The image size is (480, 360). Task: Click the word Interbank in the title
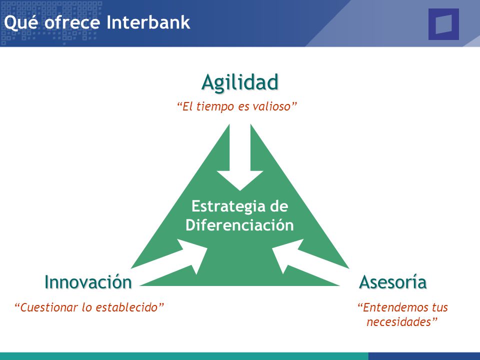[148, 22]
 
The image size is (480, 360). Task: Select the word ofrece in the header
[72, 22]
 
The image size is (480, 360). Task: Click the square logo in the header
[443, 24]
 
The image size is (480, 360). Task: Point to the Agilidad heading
[240, 82]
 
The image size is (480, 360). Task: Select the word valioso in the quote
[272, 106]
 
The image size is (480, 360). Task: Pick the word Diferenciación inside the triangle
[239, 225]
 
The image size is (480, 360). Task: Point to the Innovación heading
[88, 281]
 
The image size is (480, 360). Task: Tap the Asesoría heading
[393, 281]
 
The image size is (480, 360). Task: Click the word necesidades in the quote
[399, 322]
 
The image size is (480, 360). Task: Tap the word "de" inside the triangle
[279, 206]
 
